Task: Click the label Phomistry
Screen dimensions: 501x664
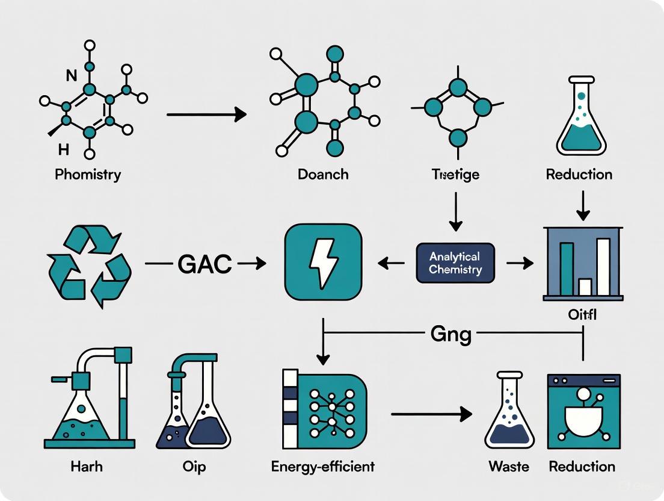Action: [x=88, y=175]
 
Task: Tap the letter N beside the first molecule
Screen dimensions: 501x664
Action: [x=71, y=76]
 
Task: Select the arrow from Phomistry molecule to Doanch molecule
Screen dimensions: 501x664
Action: [x=206, y=114]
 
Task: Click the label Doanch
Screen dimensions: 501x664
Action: [x=323, y=175]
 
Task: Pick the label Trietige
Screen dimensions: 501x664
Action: [x=455, y=175]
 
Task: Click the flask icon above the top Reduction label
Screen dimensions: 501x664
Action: [x=580, y=117]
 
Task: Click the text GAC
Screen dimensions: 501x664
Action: [x=204, y=264]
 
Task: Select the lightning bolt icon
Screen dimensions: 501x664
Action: [x=323, y=262]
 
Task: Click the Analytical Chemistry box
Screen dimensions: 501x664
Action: [x=455, y=263]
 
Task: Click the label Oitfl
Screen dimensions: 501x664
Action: [x=582, y=315]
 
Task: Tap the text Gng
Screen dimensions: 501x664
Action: [x=450, y=334]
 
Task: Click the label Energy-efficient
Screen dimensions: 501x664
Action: [x=323, y=467]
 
